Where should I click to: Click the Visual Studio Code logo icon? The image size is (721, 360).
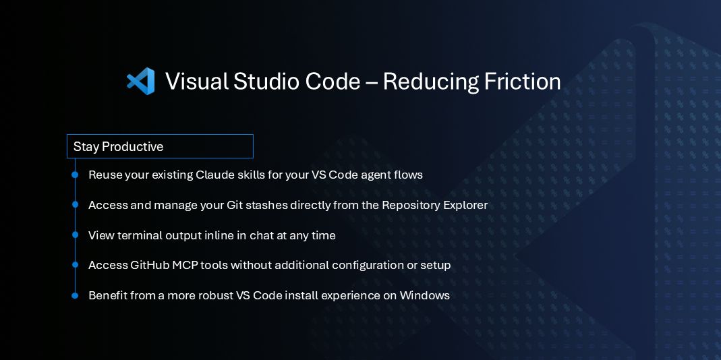[x=141, y=82]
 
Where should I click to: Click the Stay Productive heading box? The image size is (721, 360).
[x=160, y=146]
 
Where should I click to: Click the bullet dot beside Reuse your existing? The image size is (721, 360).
[x=75, y=175]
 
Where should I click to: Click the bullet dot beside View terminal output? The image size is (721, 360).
[x=75, y=235]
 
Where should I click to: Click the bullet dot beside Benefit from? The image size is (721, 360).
[x=75, y=295]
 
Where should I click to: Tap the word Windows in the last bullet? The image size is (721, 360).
[x=424, y=295]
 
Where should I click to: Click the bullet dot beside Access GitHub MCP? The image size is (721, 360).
[x=75, y=266]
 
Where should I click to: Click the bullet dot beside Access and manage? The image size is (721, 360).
[x=75, y=205]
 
